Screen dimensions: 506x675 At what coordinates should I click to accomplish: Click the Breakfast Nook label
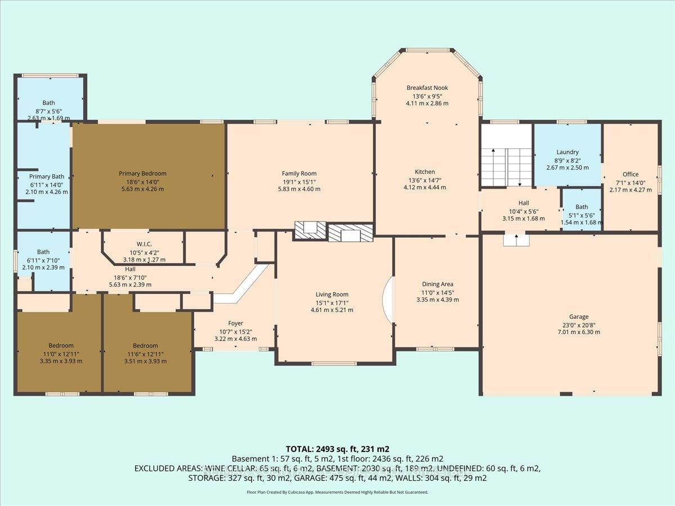pyautogui.click(x=427, y=88)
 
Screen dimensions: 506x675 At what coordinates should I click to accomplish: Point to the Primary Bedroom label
pyautogui.click(x=142, y=174)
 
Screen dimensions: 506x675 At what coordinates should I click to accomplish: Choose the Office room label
pyautogui.click(x=630, y=174)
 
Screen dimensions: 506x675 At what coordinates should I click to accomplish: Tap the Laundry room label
pyautogui.click(x=568, y=152)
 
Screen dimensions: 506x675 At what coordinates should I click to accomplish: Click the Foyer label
pyautogui.click(x=235, y=323)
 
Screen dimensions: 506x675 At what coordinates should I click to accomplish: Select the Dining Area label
pyautogui.click(x=438, y=284)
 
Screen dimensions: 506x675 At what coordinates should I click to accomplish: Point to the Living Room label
pyautogui.click(x=332, y=295)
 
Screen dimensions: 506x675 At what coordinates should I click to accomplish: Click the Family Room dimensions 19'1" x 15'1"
pyautogui.click(x=299, y=182)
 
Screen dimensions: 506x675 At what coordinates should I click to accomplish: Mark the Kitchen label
pyautogui.click(x=425, y=172)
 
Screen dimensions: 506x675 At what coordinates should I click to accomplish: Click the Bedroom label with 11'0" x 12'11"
pyautogui.click(x=61, y=353)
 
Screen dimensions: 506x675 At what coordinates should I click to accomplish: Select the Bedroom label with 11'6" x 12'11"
pyautogui.click(x=145, y=353)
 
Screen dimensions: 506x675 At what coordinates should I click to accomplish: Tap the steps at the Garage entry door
pyautogui.click(x=516, y=241)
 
